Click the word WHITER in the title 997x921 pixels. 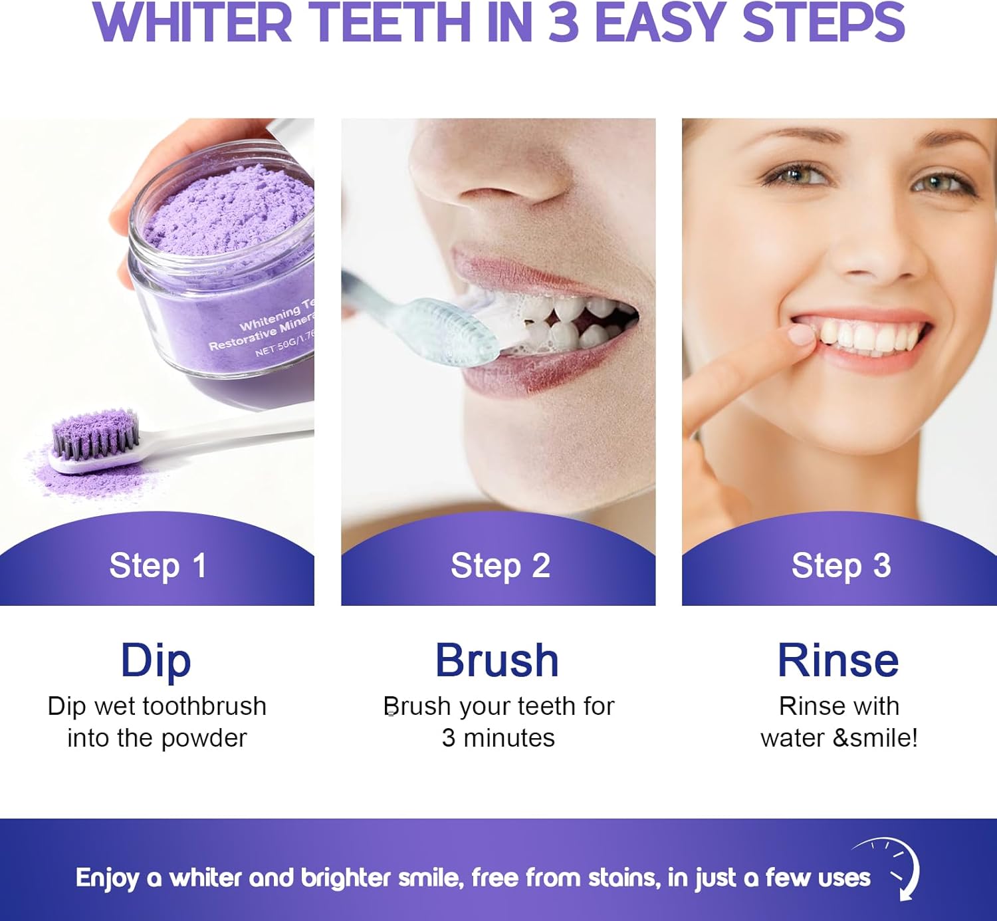coord(192,23)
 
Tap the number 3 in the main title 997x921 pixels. coord(564,23)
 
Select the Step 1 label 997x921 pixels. coord(158,567)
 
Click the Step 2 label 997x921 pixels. coord(500,567)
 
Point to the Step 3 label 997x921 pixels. coord(841,567)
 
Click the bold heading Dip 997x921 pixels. coord(156,661)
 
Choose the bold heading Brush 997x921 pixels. coord(497,660)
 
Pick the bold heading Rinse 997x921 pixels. coord(838,660)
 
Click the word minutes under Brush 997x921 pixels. coord(509,738)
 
